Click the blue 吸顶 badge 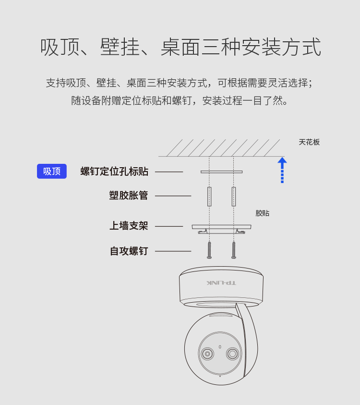click(52, 171)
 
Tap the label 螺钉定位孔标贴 click(114, 171)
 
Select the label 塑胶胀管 click(129, 195)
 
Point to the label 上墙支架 click(129, 225)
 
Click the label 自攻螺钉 click(129, 251)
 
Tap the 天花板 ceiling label click(309, 142)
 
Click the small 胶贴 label click(263, 213)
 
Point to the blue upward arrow click(282, 170)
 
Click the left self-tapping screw click(209, 250)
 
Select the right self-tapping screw click(234, 250)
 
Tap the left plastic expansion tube click(209, 196)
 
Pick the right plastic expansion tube click(234, 196)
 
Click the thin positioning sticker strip click(221, 172)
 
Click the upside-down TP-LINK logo click(221, 283)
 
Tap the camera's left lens click(207, 354)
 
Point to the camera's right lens click(232, 354)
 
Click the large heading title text click(180, 47)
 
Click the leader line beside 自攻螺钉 click(173, 251)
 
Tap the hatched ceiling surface click(221, 148)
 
